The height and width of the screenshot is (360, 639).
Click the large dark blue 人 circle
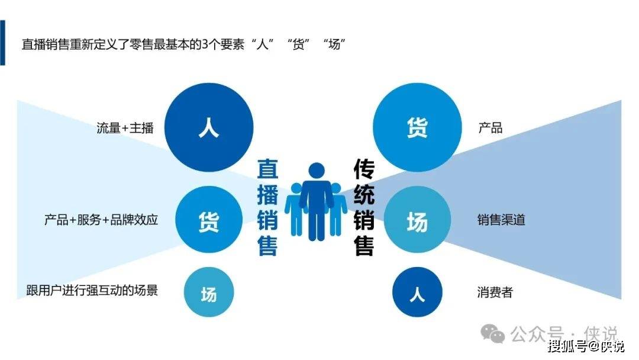point(209,127)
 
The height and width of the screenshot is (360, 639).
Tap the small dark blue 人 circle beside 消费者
point(417,292)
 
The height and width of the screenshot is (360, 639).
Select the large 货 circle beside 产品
point(417,127)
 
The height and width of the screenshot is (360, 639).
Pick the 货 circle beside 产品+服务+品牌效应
point(209,219)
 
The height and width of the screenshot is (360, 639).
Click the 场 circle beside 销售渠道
point(417,219)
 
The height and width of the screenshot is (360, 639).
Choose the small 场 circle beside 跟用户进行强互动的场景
point(209,292)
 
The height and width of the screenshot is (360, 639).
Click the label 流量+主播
point(125,128)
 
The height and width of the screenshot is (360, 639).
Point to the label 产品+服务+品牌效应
point(101,220)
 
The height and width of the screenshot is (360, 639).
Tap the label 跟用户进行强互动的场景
point(92,290)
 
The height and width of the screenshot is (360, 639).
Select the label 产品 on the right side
point(490,128)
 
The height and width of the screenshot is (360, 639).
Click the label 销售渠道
point(501,220)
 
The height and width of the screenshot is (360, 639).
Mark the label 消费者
point(495,292)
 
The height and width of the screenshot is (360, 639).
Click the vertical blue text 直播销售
point(267,207)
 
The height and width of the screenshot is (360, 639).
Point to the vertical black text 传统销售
point(363,207)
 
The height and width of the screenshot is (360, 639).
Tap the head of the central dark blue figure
point(317,171)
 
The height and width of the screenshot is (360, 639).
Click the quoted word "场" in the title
point(334,44)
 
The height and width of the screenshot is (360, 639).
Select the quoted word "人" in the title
point(263,44)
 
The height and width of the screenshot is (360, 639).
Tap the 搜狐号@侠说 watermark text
point(586,347)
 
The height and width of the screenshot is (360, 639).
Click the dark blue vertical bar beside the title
point(2,43)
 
